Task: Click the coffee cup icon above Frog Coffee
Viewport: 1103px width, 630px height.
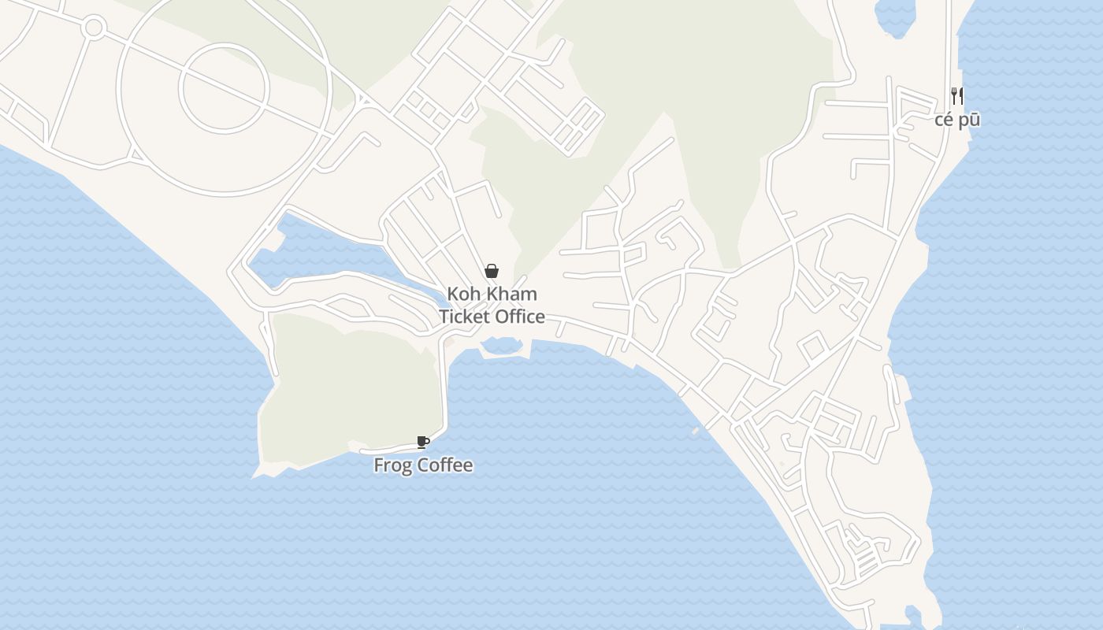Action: click(x=422, y=442)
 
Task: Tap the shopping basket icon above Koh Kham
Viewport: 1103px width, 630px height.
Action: click(x=492, y=272)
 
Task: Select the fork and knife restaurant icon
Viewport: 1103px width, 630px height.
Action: click(x=957, y=96)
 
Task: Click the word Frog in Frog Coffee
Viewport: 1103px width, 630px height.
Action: click(x=392, y=465)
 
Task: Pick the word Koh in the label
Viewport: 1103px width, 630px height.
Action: click(x=462, y=295)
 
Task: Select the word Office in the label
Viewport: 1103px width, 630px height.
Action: click(x=518, y=317)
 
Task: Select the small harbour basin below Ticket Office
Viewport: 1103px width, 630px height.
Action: click(x=502, y=346)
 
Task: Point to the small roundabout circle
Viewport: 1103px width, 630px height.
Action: click(x=94, y=28)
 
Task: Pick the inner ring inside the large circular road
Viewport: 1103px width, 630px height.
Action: click(x=224, y=87)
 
